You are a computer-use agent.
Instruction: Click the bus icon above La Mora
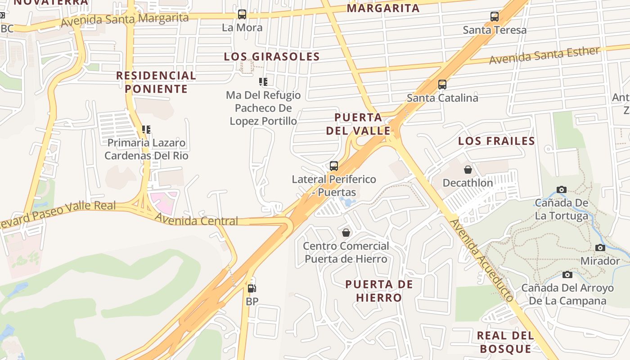pos(242,14)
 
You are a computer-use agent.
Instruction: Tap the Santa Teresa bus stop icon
pos(495,17)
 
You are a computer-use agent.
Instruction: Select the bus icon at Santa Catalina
pos(442,85)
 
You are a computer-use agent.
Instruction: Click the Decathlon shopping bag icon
pos(468,170)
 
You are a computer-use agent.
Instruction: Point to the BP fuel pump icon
pos(252,288)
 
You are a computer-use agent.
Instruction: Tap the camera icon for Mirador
pos(600,247)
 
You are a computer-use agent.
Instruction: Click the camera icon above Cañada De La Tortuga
pos(561,189)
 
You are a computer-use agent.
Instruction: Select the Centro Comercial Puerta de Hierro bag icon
pos(346,233)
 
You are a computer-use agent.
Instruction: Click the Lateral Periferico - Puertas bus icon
pos(333,166)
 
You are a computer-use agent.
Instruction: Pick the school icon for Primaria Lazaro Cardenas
pos(146,130)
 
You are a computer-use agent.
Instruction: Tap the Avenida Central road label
pos(196,220)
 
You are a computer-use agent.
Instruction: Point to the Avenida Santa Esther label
pos(544,55)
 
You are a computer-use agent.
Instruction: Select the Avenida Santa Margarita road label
pos(125,19)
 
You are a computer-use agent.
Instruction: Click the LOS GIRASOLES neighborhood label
pos(272,57)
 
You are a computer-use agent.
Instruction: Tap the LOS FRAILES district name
pos(496,141)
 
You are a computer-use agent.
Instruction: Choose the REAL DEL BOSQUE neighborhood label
pos(505,342)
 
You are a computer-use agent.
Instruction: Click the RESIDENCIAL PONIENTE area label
pos(156,82)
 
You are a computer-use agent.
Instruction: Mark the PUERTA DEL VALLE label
pos(358,124)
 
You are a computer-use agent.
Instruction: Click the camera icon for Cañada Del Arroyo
pos(567,274)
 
